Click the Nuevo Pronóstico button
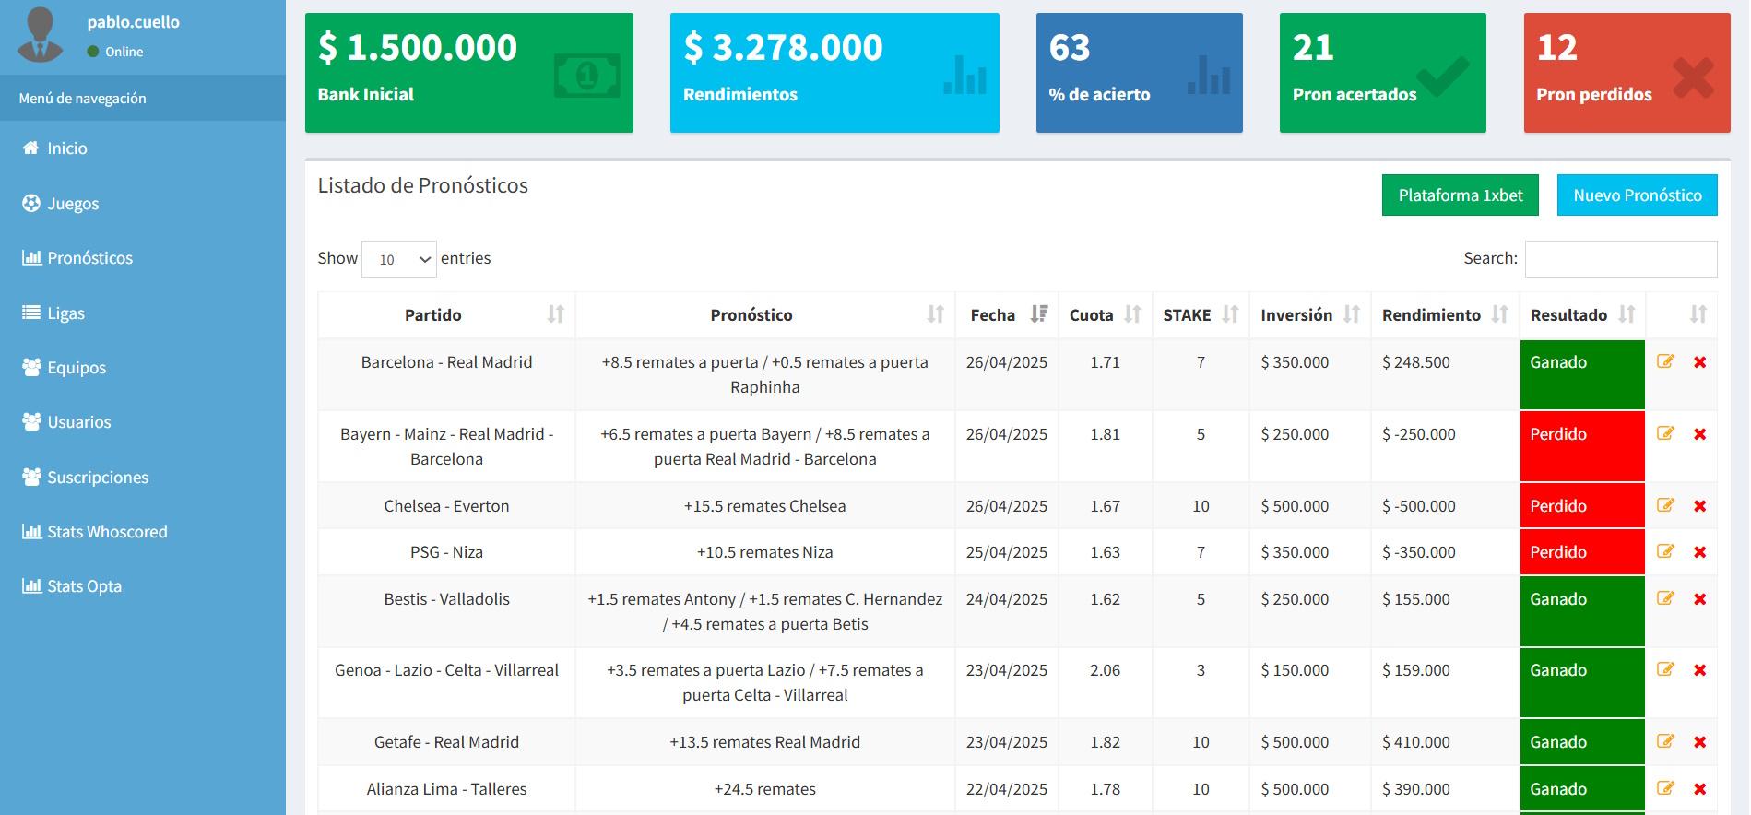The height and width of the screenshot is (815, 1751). click(1637, 195)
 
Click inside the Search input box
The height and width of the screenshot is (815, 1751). click(1620, 259)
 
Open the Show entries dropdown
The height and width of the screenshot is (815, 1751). click(399, 259)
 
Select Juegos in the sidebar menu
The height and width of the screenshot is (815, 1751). click(73, 204)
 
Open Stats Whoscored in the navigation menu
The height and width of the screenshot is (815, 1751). click(107, 532)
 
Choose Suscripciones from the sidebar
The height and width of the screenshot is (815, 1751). click(98, 478)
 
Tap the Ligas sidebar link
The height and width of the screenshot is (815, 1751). click(65, 313)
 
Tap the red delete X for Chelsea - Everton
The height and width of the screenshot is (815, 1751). click(1699, 506)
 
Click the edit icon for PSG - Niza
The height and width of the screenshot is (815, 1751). click(1665, 551)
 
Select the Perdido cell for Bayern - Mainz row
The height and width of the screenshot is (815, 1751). click(1581, 445)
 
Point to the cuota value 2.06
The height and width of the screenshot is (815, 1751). click(1105, 670)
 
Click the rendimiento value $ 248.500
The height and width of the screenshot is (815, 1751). click(1415, 362)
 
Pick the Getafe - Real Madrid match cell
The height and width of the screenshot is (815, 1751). click(446, 742)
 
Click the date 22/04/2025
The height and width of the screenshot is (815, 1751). click(1006, 789)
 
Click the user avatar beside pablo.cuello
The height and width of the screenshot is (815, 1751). click(40, 35)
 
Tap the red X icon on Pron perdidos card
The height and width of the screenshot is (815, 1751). click(1693, 78)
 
